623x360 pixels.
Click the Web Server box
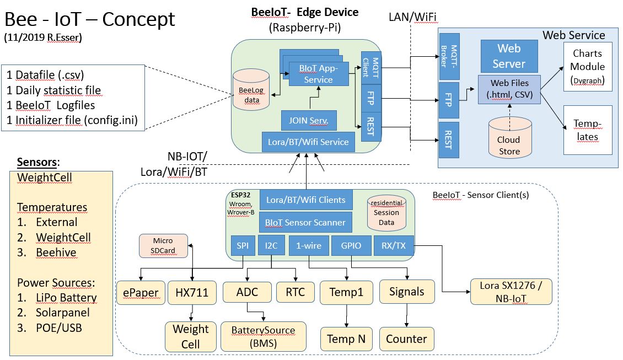pos(508,56)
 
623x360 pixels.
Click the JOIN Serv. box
pos(309,120)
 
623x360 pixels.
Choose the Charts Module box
pos(587,67)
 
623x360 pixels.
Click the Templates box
pos(587,130)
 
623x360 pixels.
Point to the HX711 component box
pos(191,292)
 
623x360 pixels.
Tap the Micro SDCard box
pos(163,246)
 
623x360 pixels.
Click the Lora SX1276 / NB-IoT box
pos(511,292)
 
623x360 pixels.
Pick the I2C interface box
pos(270,245)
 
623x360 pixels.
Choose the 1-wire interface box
pos(309,245)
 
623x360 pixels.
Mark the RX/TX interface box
pos(393,245)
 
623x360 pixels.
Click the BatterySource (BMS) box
pos(263,336)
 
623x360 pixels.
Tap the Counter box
pos(406,338)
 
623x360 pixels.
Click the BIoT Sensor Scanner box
pos(305,222)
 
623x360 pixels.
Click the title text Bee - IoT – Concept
pos(90,20)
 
